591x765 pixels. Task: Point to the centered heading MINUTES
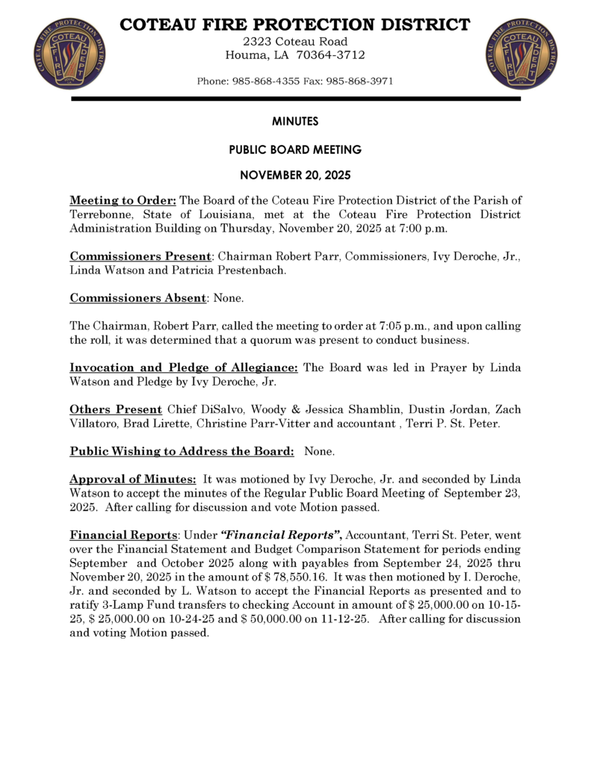[x=295, y=120]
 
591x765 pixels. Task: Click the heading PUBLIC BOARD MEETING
[x=295, y=149]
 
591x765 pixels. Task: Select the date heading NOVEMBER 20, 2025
[x=295, y=178]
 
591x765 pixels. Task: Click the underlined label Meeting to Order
[x=123, y=201]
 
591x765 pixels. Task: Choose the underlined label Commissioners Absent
[x=137, y=298]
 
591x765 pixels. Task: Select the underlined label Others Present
[x=116, y=409]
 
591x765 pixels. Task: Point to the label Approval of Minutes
[x=133, y=478]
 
